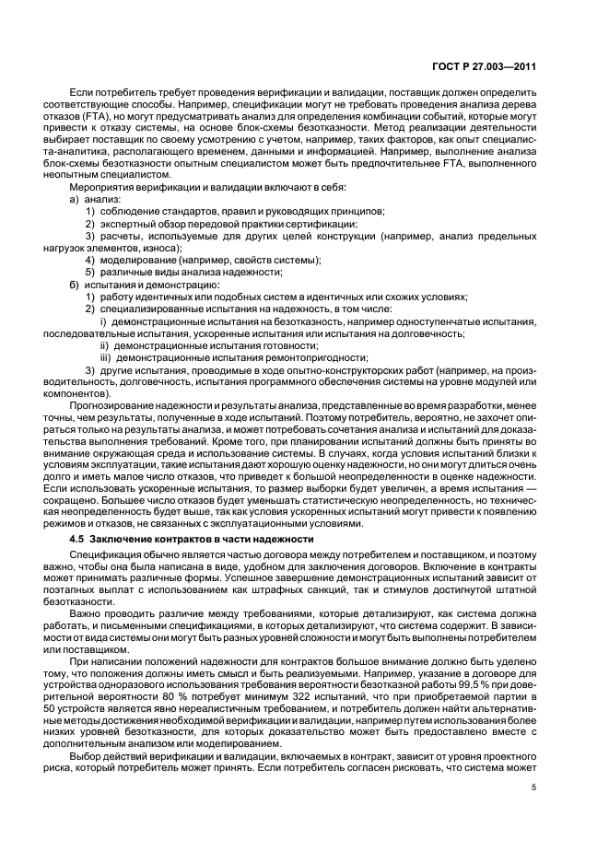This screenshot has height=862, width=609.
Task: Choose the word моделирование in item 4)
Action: click(x=138, y=260)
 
